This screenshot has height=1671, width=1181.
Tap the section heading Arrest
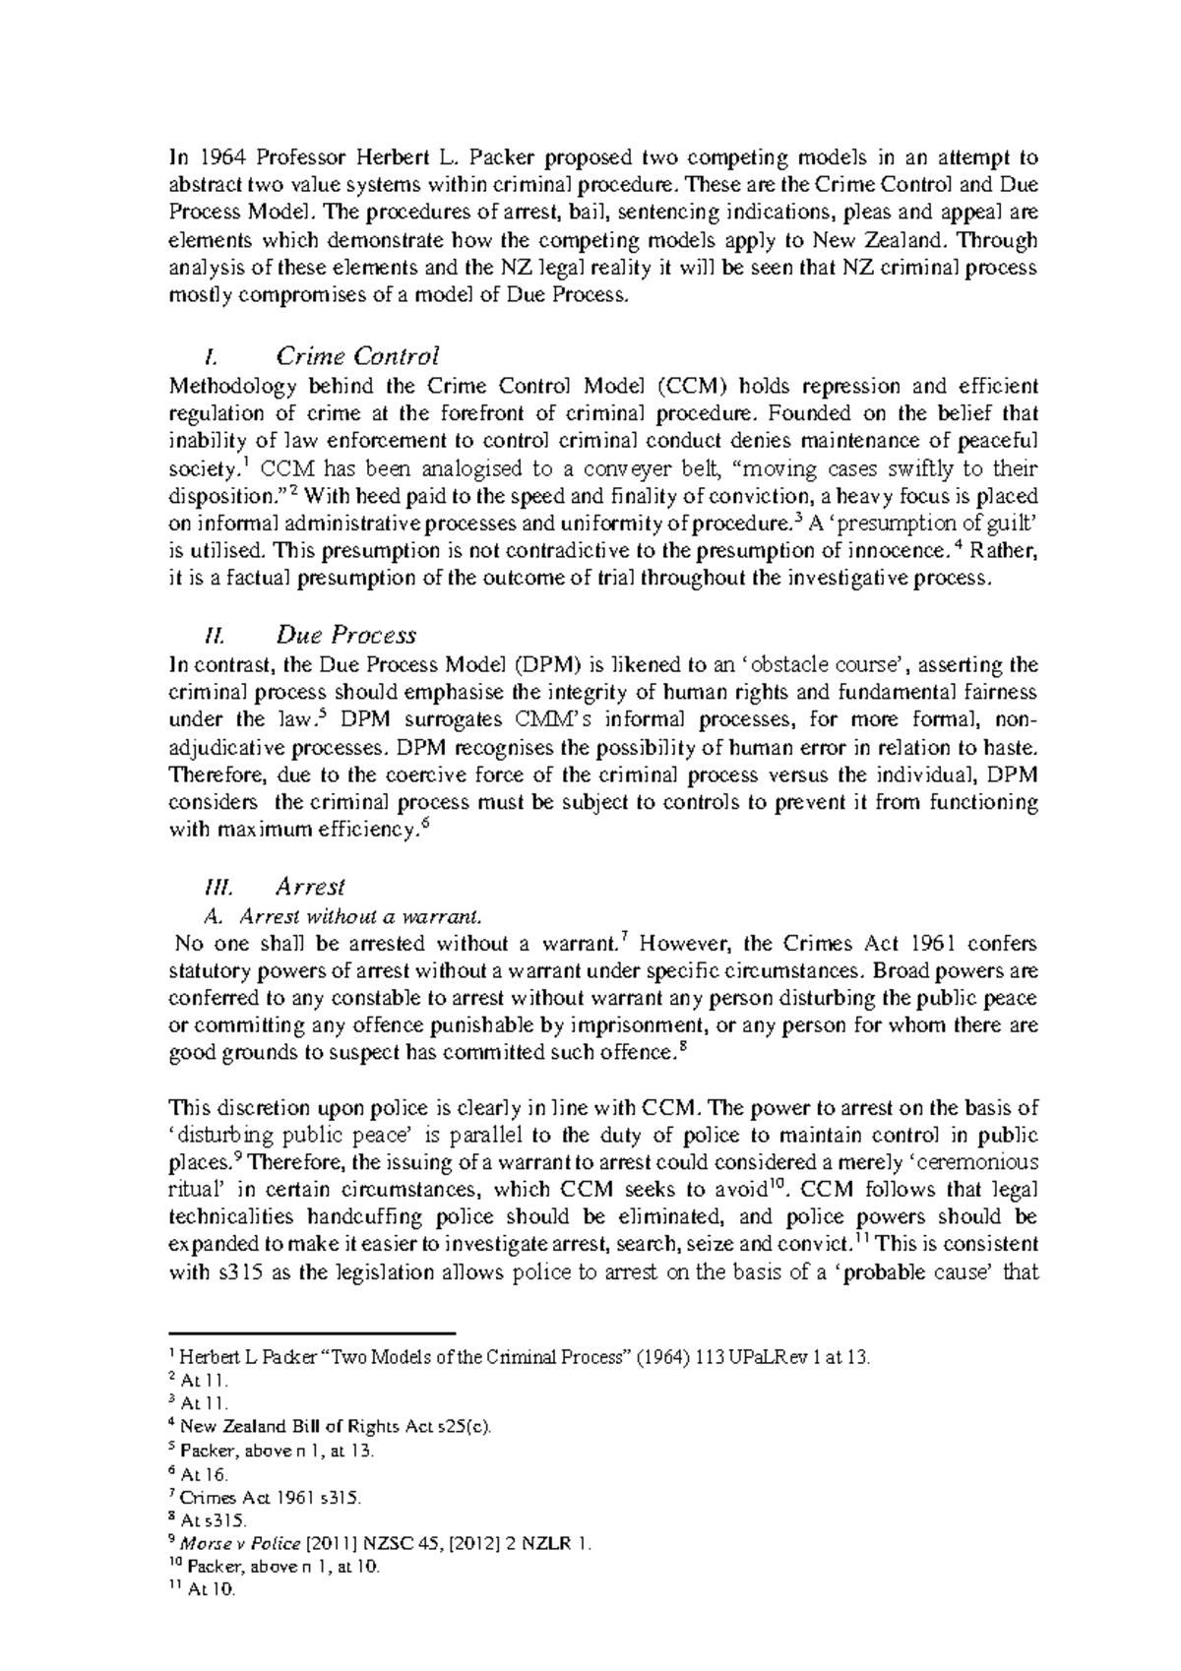310,887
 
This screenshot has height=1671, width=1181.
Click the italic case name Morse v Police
240,1544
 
